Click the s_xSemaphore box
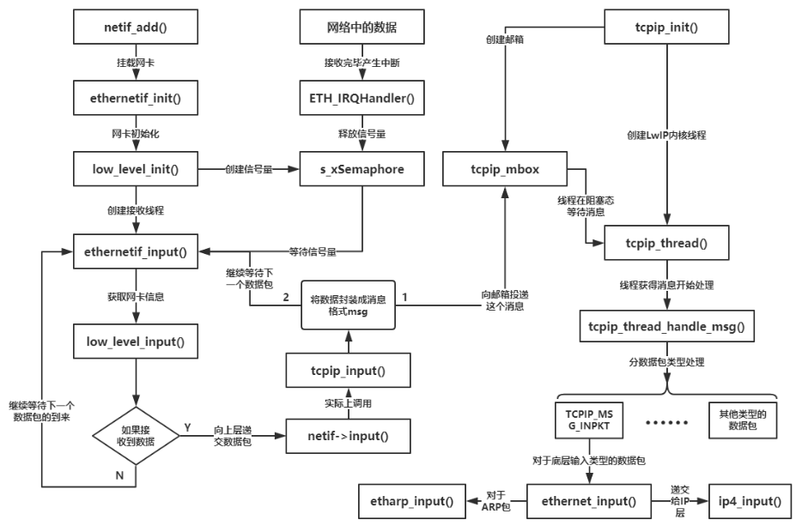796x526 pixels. pyautogui.click(x=361, y=169)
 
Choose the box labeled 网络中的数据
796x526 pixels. pyautogui.click(x=361, y=27)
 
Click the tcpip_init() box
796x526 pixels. pyautogui.click(x=666, y=27)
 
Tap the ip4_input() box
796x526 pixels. pyautogui.click(x=743, y=500)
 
